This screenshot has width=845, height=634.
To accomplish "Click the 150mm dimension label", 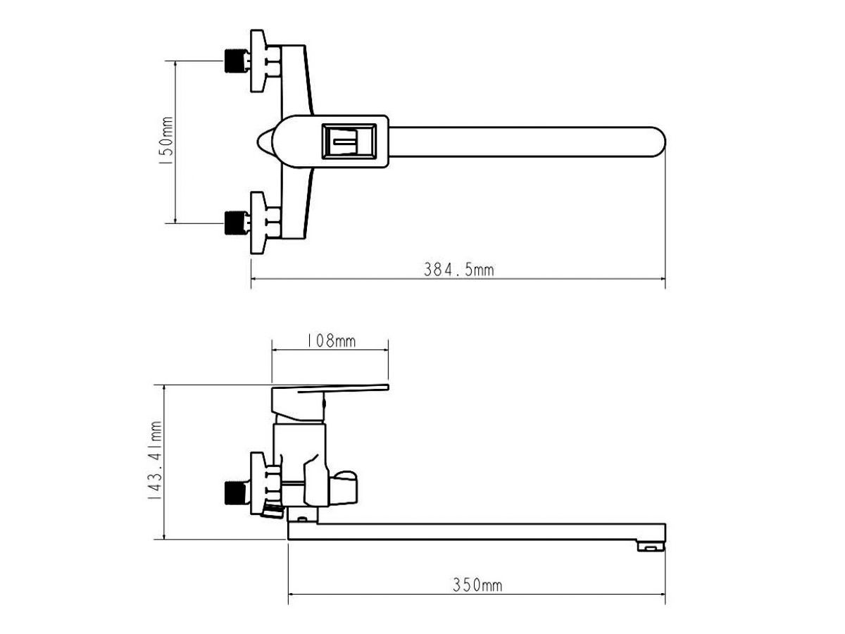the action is click(x=166, y=141).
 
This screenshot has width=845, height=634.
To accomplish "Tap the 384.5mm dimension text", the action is click(x=458, y=270).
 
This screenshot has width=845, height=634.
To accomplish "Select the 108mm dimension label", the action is click(x=330, y=341).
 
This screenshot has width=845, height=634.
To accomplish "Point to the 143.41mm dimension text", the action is click(x=155, y=461).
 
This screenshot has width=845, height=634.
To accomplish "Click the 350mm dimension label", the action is click(x=477, y=585).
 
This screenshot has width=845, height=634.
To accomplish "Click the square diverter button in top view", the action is click(x=349, y=142).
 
